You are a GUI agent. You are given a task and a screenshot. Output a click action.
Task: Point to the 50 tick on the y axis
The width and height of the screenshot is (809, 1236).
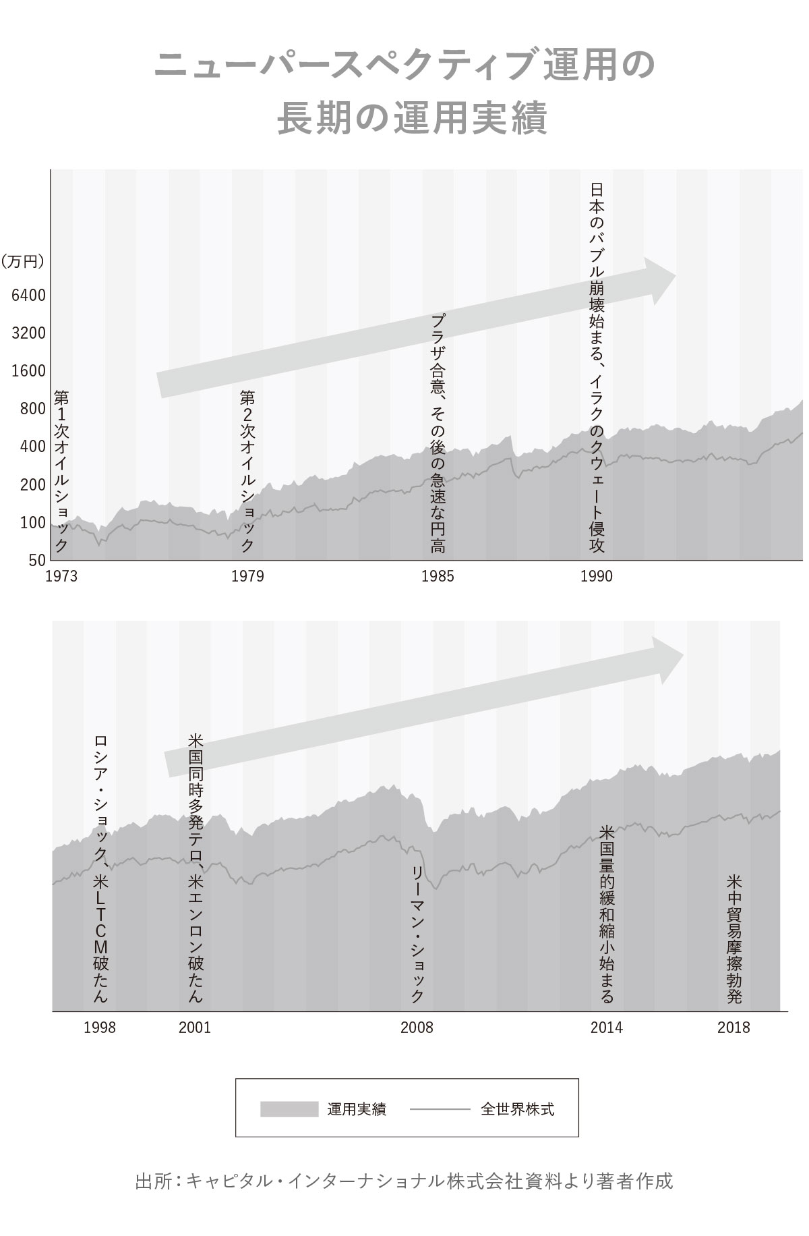coord(38,559)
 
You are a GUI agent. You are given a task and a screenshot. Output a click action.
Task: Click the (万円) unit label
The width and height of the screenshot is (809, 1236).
coord(23,262)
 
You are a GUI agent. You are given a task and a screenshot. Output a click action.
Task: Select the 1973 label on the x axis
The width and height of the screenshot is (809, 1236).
coord(61,576)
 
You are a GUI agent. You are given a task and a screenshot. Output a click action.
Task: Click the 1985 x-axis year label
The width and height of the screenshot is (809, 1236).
coord(438,576)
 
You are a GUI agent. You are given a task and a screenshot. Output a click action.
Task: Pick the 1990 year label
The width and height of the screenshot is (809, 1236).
coord(597,576)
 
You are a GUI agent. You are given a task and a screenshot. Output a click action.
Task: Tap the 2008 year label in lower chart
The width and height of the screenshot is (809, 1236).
coord(417,1028)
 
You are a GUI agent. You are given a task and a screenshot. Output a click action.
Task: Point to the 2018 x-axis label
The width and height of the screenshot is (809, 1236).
coord(733,1028)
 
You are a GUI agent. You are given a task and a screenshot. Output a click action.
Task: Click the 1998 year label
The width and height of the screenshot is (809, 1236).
coord(100,1028)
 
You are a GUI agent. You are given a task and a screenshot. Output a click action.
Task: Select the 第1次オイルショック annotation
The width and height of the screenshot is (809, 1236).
coord(61,471)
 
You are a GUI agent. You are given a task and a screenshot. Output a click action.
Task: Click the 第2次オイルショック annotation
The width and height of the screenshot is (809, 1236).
coord(247,471)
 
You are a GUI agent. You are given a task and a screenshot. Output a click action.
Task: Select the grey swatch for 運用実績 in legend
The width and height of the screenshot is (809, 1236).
coord(289,1109)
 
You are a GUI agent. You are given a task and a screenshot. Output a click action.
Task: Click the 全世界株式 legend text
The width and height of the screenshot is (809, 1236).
coord(518,1109)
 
